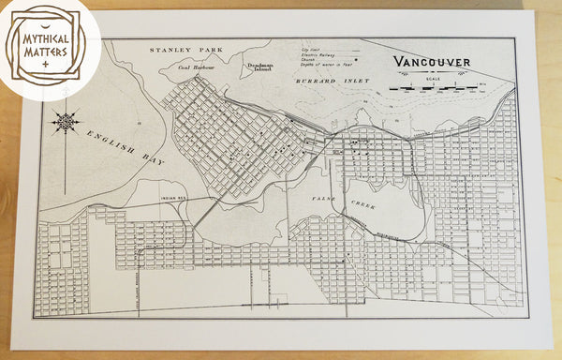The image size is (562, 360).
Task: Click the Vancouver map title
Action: [x=432, y=62]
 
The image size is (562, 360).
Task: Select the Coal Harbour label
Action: [x=197, y=67]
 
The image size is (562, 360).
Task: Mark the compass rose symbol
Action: [x=66, y=122]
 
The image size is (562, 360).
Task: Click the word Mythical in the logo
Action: [x=44, y=41]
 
